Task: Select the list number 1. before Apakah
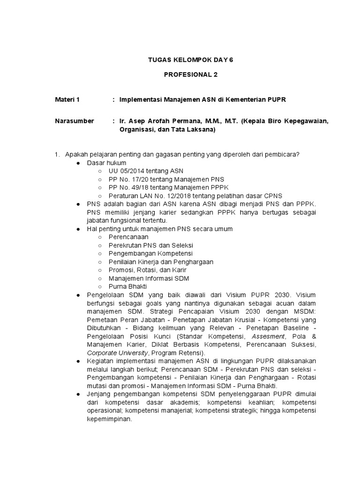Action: tap(58, 154)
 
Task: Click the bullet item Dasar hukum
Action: tap(107, 163)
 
